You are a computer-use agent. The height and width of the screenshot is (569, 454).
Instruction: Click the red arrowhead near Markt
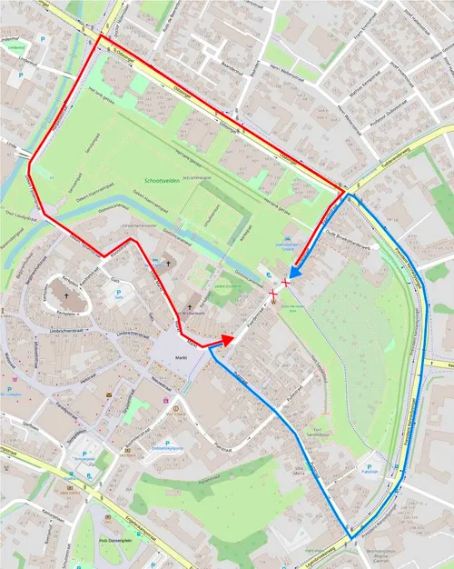coord(227,340)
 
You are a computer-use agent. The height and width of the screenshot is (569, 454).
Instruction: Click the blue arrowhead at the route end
coord(295,272)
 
